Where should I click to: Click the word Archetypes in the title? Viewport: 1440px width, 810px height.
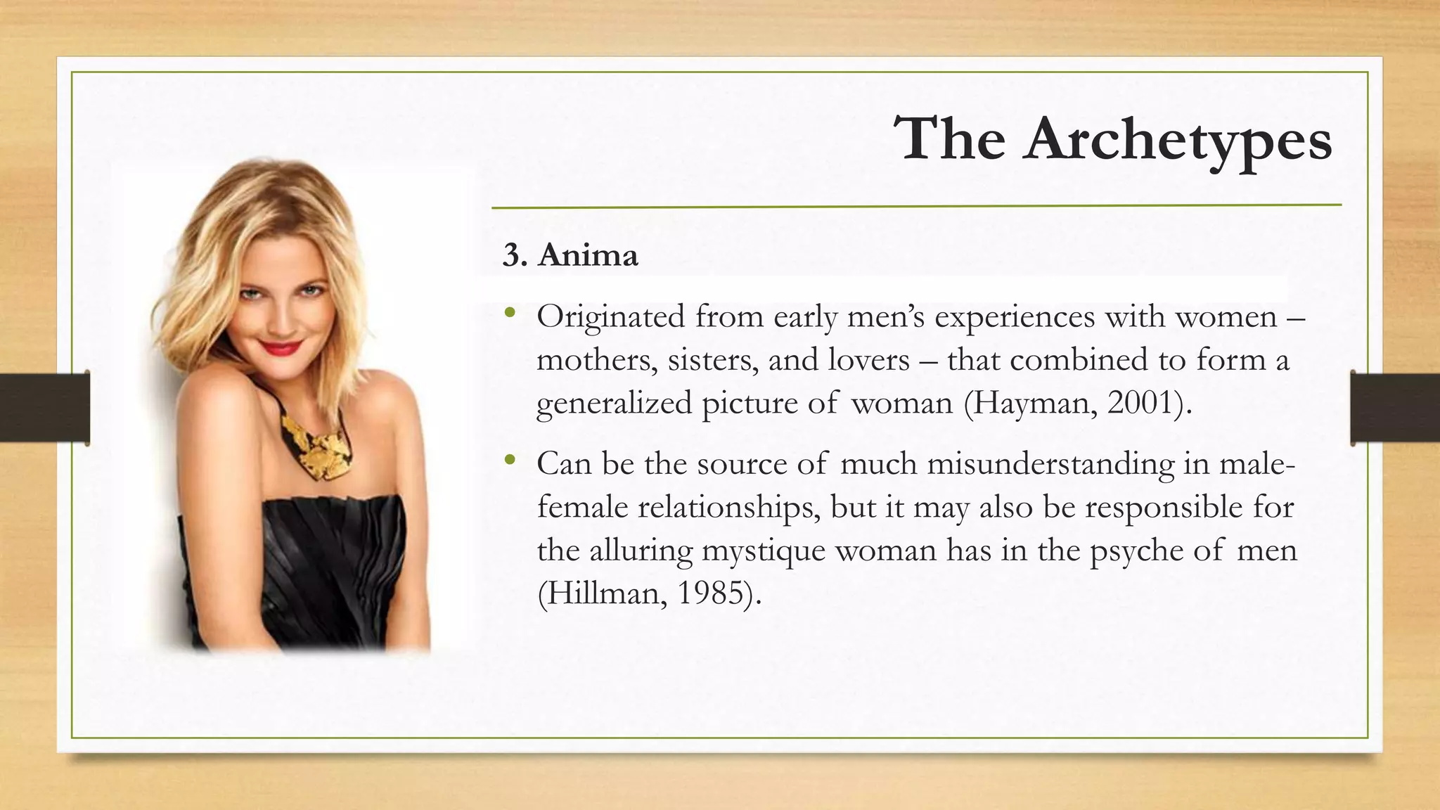click(x=1178, y=139)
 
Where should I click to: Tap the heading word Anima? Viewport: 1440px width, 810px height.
click(x=588, y=255)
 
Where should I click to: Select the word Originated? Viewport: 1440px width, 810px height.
click(x=610, y=318)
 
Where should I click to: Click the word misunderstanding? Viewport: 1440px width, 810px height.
click(x=1050, y=464)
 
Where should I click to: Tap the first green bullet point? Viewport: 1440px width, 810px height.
click(x=510, y=313)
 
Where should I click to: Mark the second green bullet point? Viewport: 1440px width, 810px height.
click(x=510, y=461)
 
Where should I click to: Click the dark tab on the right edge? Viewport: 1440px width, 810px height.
click(x=1395, y=408)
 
